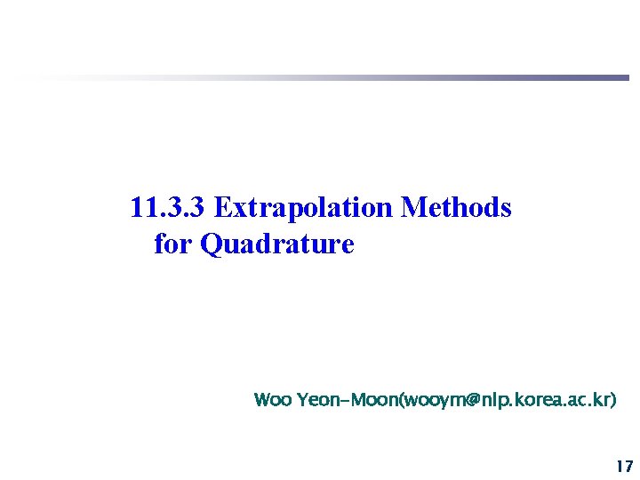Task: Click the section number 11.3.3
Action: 168,208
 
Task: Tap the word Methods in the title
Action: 456,208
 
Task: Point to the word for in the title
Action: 173,243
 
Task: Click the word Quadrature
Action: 278,244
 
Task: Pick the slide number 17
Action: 623,466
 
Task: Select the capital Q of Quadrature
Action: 212,244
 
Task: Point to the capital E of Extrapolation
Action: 223,208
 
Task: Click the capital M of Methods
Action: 412,208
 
